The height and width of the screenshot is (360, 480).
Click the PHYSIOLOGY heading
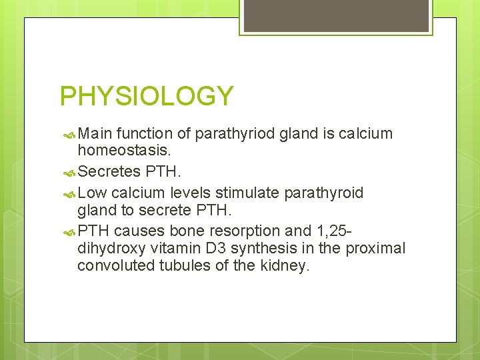[147, 96]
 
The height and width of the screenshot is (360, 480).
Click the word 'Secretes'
[109, 171]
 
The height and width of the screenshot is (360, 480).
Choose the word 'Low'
[93, 193]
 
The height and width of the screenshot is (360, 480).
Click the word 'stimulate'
[249, 193]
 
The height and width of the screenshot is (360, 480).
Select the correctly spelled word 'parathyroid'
[324, 193]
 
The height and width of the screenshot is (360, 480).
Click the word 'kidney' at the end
[287, 267]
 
